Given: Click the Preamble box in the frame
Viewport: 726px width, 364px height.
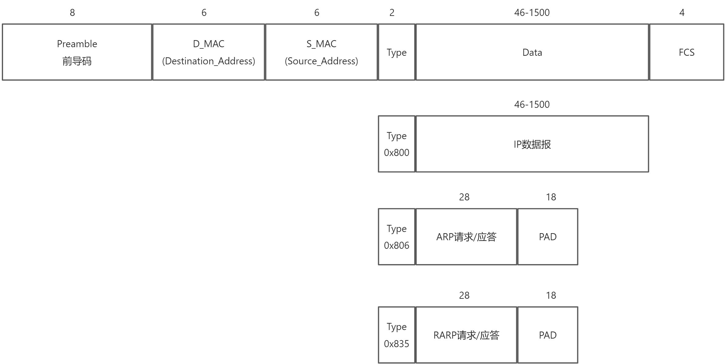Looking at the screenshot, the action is (x=77, y=52).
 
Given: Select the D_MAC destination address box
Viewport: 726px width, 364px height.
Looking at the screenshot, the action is (x=208, y=52).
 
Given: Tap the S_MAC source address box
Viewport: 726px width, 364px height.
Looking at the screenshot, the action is (x=321, y=52).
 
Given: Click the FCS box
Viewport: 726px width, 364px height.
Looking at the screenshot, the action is (x=686, y=52).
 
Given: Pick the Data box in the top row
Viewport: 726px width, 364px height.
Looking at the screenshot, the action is (x=532, y=52).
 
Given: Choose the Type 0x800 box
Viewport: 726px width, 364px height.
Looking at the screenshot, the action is (x=397, y=144).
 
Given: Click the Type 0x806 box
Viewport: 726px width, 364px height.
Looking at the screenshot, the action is (x=397, y=237).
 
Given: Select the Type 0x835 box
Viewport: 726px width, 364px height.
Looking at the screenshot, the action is (x=397, y=335).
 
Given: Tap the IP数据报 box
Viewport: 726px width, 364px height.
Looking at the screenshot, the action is (x=532, y=144).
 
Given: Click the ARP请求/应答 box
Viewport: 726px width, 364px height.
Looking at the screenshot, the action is (x=466, y=237).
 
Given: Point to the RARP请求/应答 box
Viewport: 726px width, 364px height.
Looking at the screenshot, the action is (x=466, y=335).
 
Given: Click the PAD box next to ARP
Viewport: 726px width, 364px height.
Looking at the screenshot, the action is (x=548, y=237).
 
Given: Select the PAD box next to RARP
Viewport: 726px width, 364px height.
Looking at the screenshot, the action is (x=548, y=335).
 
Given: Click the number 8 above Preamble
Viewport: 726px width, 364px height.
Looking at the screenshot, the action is (x=72, y=13).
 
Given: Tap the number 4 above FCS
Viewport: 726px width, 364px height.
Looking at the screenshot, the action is (x=682, y=13).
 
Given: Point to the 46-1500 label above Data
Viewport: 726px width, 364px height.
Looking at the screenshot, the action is (x=532, y=13).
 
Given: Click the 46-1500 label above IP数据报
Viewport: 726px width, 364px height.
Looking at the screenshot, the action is (x=532, y=104).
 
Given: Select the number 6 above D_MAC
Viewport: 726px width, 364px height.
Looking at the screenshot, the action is (x=204, y=13).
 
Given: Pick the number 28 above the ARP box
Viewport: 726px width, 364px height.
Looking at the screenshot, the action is (x=464, y=197).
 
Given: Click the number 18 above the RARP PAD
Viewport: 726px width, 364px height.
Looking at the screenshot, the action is (x=551, y=295).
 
